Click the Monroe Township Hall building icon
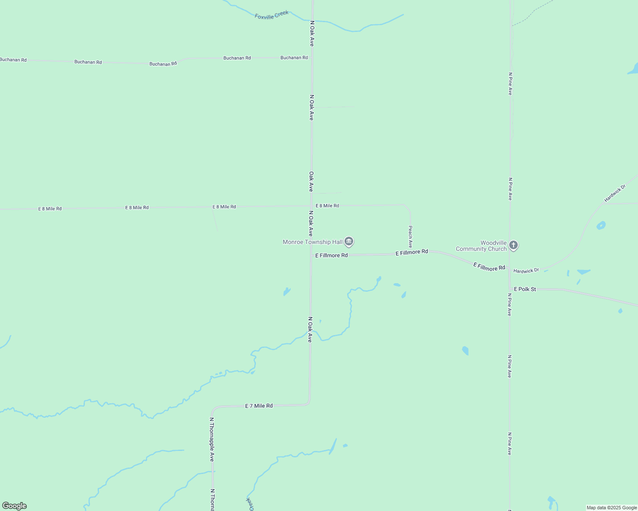coord(349,242)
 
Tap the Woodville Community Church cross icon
coord(513,245)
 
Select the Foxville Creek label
coord(272,15)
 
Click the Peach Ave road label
coord(410,237)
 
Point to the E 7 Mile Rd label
coord(259,406)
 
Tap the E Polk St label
coord(525,289)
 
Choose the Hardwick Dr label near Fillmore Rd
coord(526,271)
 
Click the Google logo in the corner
coord(14,506)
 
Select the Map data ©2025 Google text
coord(612,508)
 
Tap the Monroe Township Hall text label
coord(313,242)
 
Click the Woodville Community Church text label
coord(481,246)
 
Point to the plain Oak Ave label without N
coord(311,181)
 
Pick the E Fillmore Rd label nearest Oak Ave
coord(331,255)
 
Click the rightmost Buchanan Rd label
coord(294,57)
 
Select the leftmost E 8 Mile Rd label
coord(50,209)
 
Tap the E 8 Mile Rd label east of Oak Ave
coord(327,206)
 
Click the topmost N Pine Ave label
coord(510,83)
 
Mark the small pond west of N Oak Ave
coord(287,292)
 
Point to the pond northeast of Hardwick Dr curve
coord(601,225)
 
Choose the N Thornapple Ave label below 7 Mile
coord(212,439)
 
